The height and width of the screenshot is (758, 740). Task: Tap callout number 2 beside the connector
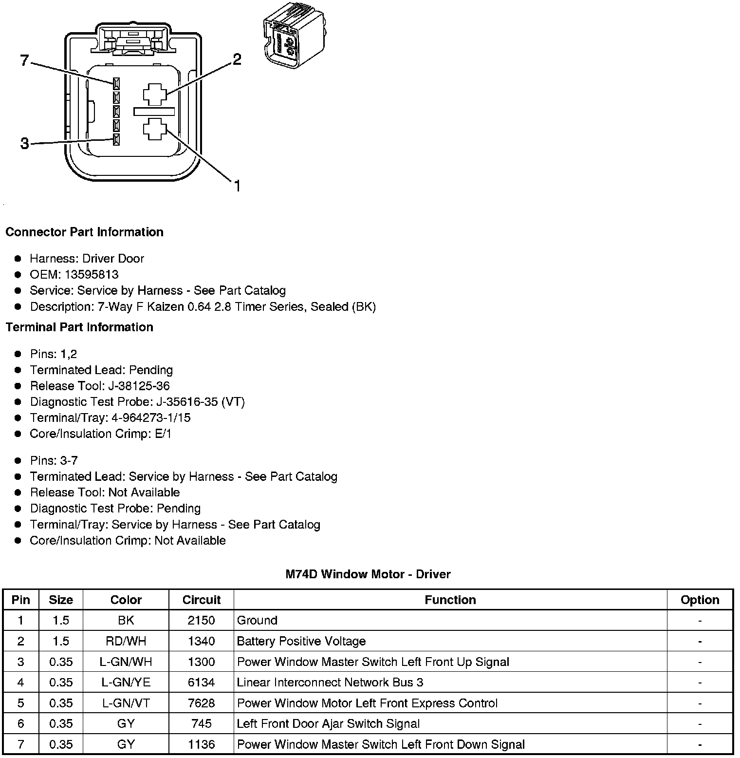(237, 59)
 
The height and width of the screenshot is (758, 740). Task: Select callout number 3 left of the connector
(25, 144)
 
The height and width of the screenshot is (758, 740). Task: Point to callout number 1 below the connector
(237, 186)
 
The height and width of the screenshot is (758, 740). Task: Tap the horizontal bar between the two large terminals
(154, 112)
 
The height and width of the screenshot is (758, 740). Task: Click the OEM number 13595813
(92, 274)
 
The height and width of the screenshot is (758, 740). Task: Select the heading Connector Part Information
(84, 232)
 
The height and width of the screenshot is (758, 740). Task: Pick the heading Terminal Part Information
(79, 327)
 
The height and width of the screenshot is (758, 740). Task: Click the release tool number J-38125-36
(139, 386)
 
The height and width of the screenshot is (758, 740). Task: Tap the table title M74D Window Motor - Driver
(368, 574)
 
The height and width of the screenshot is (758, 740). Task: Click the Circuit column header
(201, 600)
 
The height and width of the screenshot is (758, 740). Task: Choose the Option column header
(700, 600)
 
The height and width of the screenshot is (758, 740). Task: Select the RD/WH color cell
(126, 641)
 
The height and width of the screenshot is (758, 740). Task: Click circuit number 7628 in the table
(201, 703)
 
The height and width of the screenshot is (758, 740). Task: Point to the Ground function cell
(257, 620)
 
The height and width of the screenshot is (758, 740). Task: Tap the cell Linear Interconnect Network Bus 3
(330, 682)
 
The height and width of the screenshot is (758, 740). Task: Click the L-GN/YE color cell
(126, 682)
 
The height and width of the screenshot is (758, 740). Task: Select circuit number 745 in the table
(201, 723)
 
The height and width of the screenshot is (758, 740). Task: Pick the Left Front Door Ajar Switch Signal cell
(328, 723)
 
